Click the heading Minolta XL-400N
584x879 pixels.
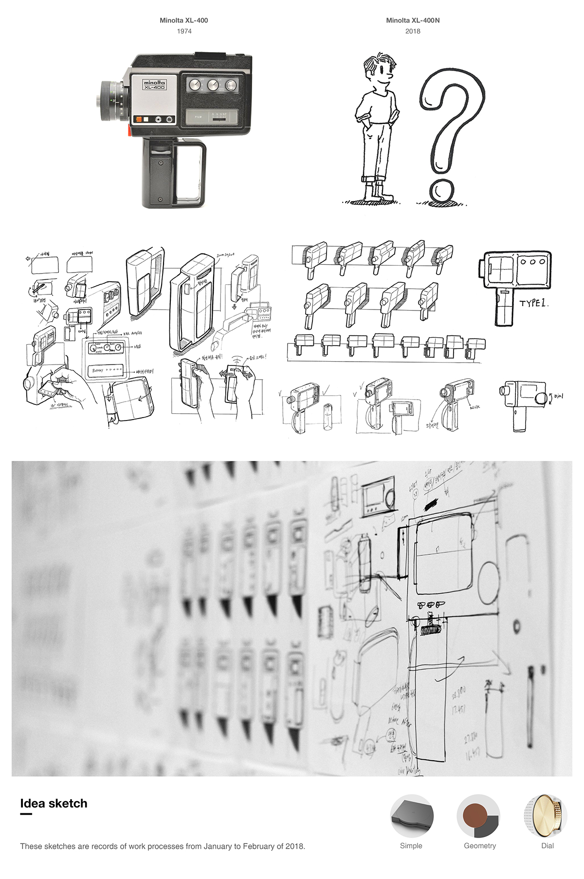click(413, 20)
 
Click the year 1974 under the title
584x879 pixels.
click(184, 31)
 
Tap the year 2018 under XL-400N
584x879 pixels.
click(413, 31)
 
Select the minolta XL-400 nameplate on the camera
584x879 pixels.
click(154, 85)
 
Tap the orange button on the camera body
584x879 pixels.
click(138, 119)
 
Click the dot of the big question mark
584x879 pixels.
click(442, 191)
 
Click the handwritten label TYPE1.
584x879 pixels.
click(533, 303)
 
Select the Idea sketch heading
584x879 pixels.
click(54, 804)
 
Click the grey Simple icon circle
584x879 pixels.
click(411, 816)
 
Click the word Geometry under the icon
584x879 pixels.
click(479, 846)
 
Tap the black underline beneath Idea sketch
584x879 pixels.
click(26, 814)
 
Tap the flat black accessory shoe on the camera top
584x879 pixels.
click(208, 55)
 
